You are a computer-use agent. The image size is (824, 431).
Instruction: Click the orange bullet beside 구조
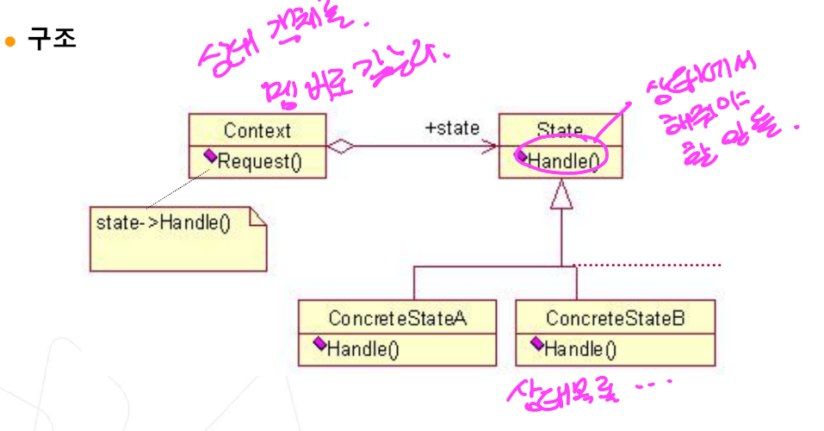click(x=11, y=41)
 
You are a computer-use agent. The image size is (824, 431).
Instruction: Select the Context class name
click(x=257, y=131)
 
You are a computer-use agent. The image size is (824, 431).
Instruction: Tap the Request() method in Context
click(x=259, y=160)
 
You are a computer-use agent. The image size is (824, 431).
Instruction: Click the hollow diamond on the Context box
click(x=342, y=147)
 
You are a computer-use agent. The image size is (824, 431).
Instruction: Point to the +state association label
click(x=452, y=128)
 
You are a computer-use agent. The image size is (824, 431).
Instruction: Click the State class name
click(x=560, y=131)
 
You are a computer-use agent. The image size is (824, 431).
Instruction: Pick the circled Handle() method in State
click(x=564, y=160)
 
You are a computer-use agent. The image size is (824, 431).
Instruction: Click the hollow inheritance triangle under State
click(x=561, y=197)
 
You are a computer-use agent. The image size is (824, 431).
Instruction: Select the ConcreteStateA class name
click(x=397, y=318)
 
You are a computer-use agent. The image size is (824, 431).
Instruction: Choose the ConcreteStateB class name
click(x=616, y=318)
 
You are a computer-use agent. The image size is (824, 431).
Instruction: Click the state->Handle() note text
click(x=164, y=223)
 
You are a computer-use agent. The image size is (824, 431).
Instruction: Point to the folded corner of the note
click(x=258, y=216)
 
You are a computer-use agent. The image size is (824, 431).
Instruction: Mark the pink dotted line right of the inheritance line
click(x=646, y=265)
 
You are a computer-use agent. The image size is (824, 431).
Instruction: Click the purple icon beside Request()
click(x=210, y=157)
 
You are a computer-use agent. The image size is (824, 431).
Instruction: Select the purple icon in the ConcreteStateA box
click(x=319, y=344)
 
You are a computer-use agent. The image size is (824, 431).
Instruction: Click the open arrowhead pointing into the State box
click(x=493, y=147)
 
